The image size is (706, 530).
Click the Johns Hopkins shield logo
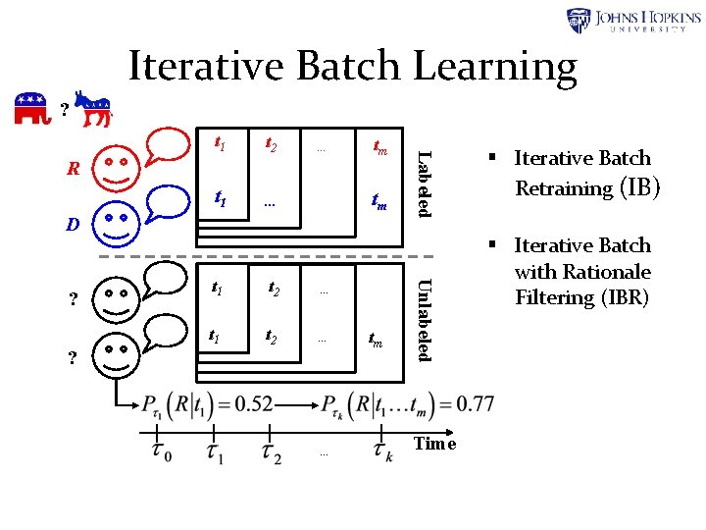point(579,21)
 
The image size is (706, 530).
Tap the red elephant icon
point(31,109)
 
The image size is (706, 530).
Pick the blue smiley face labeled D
point(116,222)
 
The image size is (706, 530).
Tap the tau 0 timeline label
point(160,450)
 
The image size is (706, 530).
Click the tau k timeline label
point(383,450)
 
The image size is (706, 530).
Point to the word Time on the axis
point(435,444)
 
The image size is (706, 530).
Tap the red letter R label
point(73,167)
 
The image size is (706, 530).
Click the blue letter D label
point(73,224)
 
